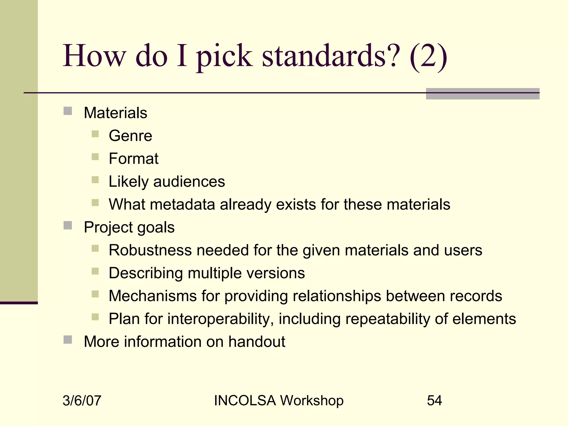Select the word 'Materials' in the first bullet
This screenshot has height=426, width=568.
pyautogui.click(x=115, y=113)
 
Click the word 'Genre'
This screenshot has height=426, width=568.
pyautogui.click(x=130, y=136)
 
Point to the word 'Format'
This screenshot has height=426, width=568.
pyautogui.click(x=133, y=159)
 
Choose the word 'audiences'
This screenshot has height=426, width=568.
pyautogui.click(x=189, y=182)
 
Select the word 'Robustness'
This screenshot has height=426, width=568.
pyautogui.click(x=150, y=250)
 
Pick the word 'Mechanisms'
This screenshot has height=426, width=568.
pyautogui.click(x=153, y=296)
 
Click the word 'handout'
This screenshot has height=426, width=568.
pyautogui.click(x=257, y=341)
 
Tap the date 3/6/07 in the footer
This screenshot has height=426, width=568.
pyautogui.click(x=82, y=400)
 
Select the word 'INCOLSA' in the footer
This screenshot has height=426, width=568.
pyautogui.click(x=245, y=400)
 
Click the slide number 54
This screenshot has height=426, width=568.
pyautogui.click(x=434, y=400)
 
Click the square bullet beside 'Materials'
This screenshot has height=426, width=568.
pyautogui.click(x=68, y=111)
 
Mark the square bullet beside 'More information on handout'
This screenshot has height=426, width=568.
pyautogui.click(x=68, y=340)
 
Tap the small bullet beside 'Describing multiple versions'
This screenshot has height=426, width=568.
pyautogui.click(x=95, y=271)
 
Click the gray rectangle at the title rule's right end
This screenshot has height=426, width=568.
pyautogui.click(x=482, y=94)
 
